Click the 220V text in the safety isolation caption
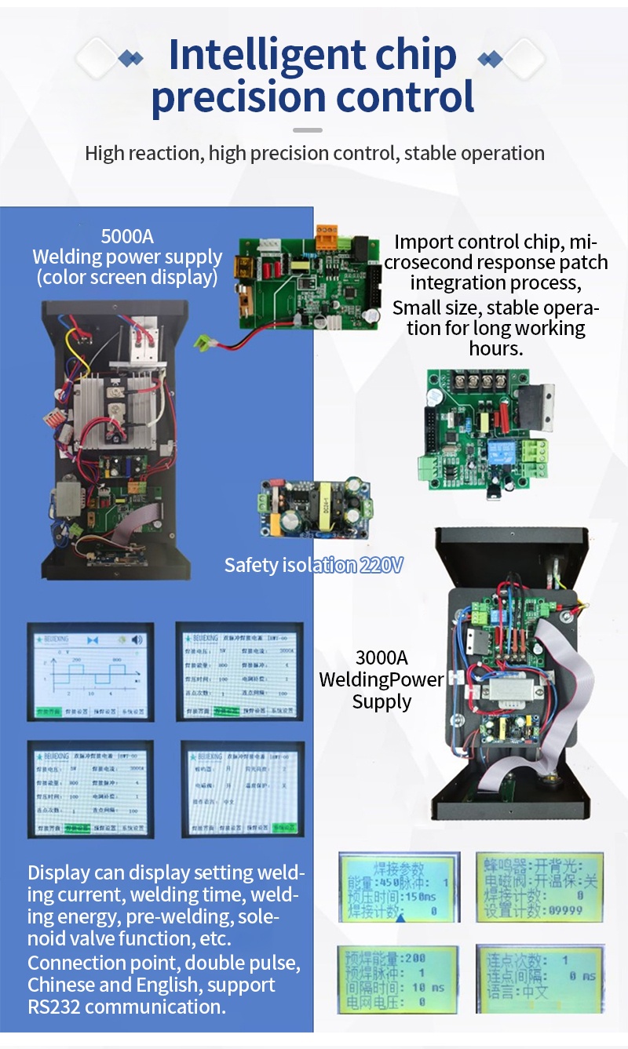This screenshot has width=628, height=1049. pos(381,565)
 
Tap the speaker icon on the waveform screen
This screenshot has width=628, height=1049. pos(138,639)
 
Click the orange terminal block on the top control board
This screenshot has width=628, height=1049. pos(327,235)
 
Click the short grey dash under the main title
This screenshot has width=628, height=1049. pos(307,129)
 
